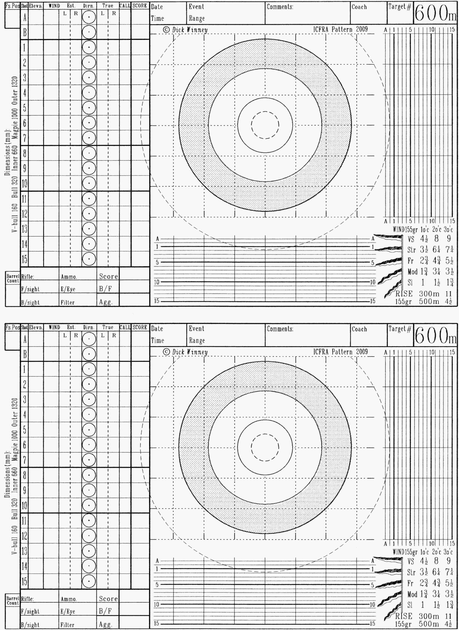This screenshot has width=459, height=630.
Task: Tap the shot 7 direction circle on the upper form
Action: pyautogui.click(x=89, y=138)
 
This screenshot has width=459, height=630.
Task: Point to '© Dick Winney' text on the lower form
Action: pyautogui.click(x=185, y=352)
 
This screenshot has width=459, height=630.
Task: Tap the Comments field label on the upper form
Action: pyautogui.click(x=280, y=7)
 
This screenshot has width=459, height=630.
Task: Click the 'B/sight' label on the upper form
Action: pyautogui.click(x=30, y=302)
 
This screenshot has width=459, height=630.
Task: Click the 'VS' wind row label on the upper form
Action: pyautogui.click(x=411, y=239)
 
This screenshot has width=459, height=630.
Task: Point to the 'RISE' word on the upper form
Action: pyautogui.click(x=404, y=294)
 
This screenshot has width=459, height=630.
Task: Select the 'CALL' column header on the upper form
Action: pyautogui.click(x=125, y=6)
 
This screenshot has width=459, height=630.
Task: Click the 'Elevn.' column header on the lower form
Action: pyautogui.click(x=36, y=328)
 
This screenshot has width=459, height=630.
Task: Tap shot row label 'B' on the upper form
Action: pyautogui.click(x=24, y=33)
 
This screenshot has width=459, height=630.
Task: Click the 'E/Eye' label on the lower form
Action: pyautogui.click(x=68, y=611)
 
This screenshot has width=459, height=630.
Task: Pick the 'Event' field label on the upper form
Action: pyautogui.click(x=196, y=7)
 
